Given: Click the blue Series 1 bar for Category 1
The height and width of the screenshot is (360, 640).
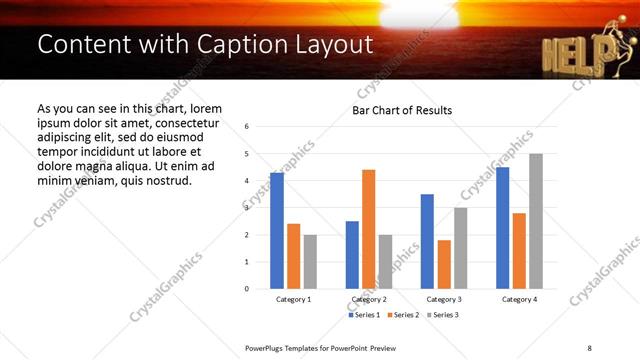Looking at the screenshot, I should click(277, 231).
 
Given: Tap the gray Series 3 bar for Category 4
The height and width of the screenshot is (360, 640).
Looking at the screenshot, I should click(536, 221).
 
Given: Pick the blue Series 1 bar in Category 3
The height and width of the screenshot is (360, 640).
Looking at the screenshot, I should click(427, 241).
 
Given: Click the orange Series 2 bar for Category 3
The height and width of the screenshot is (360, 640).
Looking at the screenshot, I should click(444, 264).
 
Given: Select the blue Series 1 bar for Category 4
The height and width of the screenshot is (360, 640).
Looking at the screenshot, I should click(502, 228).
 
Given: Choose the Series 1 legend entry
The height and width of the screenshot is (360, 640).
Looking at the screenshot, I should click(363, 315).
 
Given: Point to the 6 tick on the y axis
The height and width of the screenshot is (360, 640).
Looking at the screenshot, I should click(246, 127).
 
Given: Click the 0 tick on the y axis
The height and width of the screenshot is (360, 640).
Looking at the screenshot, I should click(246, 289).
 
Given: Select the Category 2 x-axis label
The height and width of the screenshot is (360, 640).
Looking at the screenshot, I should click(369, 299).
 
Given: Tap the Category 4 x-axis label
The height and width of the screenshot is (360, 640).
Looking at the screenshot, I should click(519, 299).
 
